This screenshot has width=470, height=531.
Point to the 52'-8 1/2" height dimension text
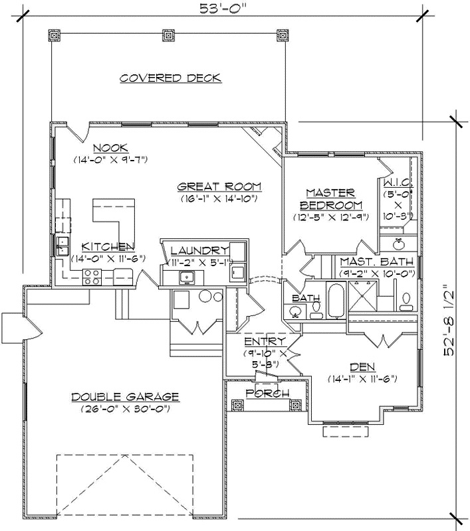click(451, 321)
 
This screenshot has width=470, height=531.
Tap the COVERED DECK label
click(171, 78)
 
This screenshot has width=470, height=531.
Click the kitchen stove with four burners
click(92, 276)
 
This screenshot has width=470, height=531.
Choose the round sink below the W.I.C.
click(400, 242)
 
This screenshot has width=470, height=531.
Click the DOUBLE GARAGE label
click(125, 397)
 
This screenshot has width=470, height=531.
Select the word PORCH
click(267, 394)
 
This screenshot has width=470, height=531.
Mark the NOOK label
click(110, 148)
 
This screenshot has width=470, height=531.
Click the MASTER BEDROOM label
click(330, 198)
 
